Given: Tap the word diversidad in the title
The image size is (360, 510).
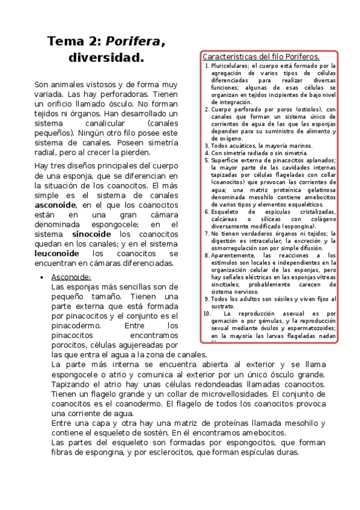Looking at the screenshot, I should coord(106,58).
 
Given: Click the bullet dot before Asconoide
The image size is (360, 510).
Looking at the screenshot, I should coord(40,277).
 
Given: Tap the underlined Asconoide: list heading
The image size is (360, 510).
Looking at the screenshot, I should coord(71,277).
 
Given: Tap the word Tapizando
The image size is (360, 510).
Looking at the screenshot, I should coord(72,384).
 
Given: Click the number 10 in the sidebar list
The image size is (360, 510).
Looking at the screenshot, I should coord(207,313).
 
